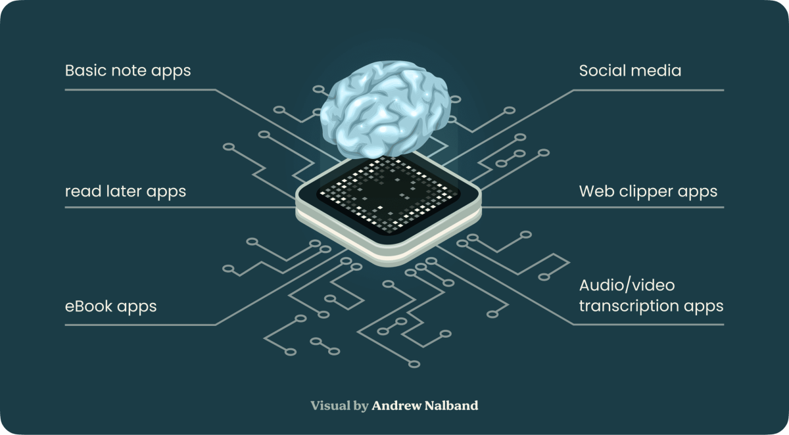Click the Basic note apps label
[x=128, y=71]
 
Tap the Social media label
[x=630, y=71]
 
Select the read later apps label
[x=125, y=191]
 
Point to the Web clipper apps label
[x=648, y=191]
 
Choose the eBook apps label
[x=110, y=306]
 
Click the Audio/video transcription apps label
[x=651, y=296]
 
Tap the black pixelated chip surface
[x=388, y=194]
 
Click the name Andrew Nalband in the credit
[x=425, y=405]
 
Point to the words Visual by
[x=339, y=405]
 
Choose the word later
[x=122, y=191]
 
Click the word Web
[x=594, y=191]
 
